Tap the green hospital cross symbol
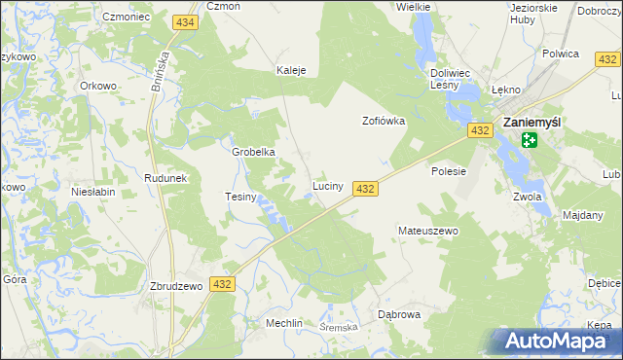click(529, 140)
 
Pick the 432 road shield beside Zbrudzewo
click(223, 284)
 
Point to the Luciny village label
click(327, 185)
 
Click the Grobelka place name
click(253, 152)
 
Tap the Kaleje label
click(292, 71)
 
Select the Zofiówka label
click(384, 122)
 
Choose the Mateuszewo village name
click(427, 231)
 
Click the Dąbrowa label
click(398, 314)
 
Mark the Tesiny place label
click(240, 197)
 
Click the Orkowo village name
click(98, 86)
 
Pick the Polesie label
click(449, 170)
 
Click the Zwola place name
click(527, 197)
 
